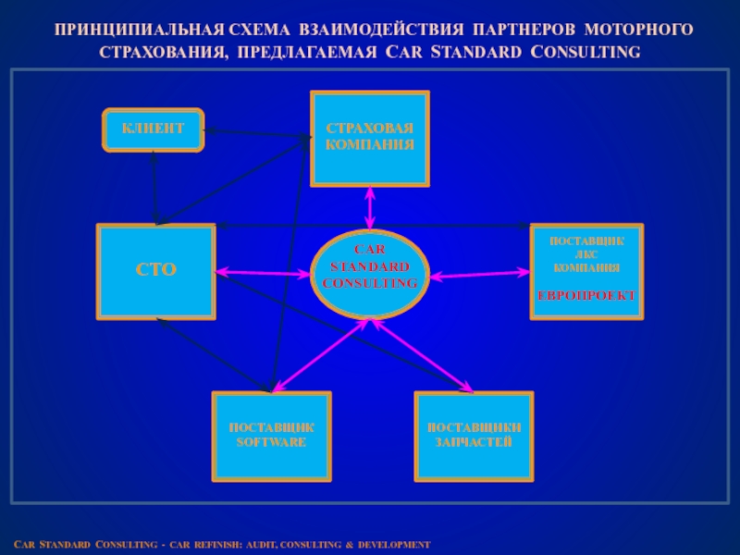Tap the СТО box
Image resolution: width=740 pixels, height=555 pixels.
tap(156, 271)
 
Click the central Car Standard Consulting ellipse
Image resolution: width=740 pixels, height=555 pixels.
tap(369, 273)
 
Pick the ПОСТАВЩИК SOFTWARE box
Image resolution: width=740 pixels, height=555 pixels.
tap(271, 436)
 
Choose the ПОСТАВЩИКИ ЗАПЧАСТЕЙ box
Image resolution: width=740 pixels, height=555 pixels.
tap(474, 436)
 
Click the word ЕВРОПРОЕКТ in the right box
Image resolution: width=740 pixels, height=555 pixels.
tap(586, 295)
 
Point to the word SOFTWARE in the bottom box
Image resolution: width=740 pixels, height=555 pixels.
tap(271, 442)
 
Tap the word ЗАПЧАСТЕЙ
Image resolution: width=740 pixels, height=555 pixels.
tap(474, 442)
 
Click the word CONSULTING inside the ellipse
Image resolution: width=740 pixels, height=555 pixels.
tap(370, 282)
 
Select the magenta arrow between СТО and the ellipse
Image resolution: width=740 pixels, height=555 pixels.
tap(263, 273)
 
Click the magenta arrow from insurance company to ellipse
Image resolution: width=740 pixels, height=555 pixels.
tap(370, 207)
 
